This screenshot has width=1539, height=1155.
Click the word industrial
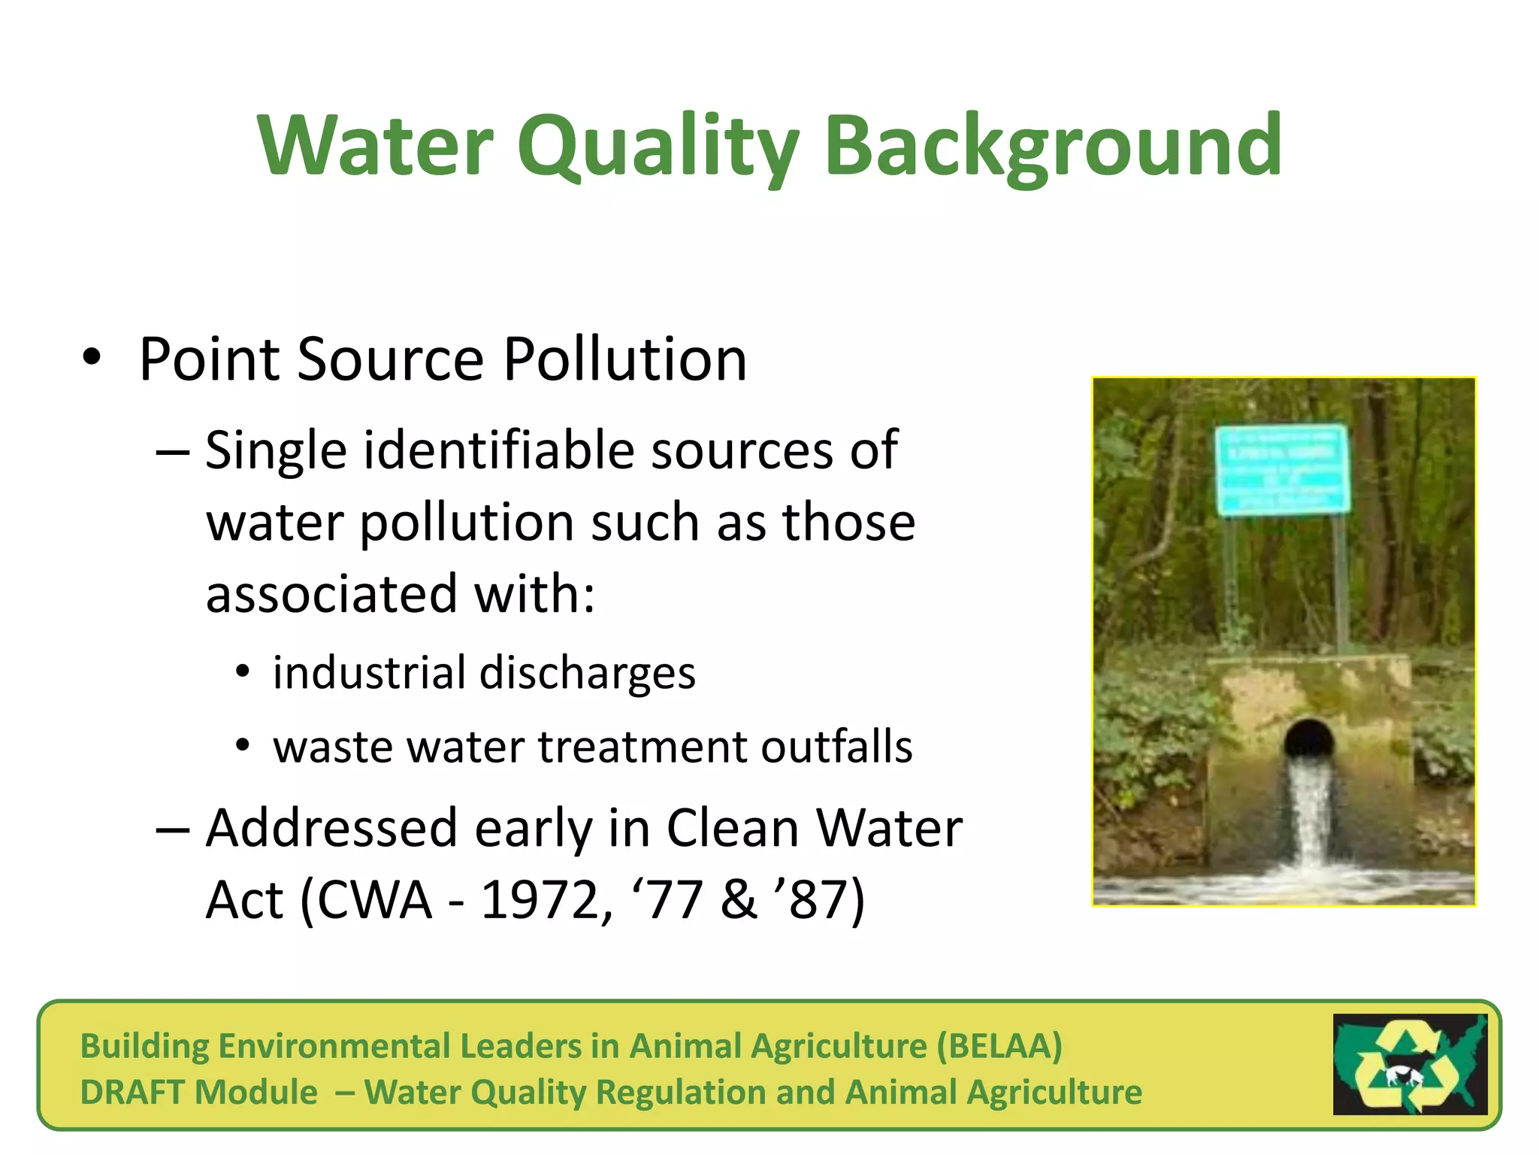(x=367, y=672)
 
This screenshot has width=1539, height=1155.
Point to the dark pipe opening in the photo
(x=1309, y=738)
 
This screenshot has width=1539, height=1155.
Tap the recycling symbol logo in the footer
(x=1410, y=1065)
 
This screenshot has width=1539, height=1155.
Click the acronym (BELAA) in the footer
(x=999, y=1046)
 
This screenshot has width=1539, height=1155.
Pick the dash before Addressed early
(x=172, y=829)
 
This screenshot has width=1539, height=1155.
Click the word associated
(x=331, y=594)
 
